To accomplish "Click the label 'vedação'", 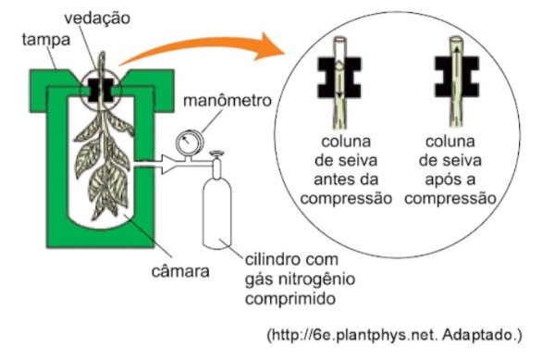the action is [97, 19].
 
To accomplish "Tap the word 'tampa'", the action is [46, 40].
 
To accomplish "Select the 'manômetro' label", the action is [228, 101].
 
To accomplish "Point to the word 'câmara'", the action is [180, 271].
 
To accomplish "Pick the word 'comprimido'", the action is [290, 299].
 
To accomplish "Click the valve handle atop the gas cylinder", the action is [216, 154].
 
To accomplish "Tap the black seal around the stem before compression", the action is [339, 78].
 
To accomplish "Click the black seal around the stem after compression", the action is [457, 77].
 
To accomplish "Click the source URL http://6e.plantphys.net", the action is [353, 334].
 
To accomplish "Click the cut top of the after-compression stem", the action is [456, 39].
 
